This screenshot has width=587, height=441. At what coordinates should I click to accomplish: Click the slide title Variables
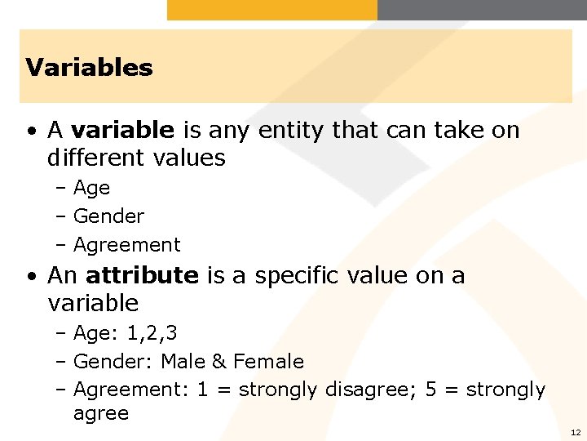coord(89,67)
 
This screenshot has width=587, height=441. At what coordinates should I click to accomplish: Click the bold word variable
coord(122,130)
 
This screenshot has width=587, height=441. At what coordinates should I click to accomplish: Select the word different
coord(91,157)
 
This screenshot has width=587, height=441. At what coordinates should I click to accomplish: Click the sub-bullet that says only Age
coord(91,188)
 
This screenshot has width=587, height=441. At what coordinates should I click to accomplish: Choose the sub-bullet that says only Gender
coord(108,216)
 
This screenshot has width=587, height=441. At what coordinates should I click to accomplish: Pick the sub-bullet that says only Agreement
coord(126,245)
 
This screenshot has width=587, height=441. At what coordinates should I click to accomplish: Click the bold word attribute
coord(141,275)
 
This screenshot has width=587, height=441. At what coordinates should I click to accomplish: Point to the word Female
coord(268,362)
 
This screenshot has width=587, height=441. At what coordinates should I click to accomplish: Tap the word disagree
coord(371,390)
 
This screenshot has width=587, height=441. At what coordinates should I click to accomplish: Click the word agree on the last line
coord(100,414)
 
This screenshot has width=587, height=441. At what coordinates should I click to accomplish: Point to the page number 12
coord(576,432)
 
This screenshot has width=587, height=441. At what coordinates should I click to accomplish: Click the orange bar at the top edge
coord(272,9)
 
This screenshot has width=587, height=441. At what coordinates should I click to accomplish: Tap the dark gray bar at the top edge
coord(482,9)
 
